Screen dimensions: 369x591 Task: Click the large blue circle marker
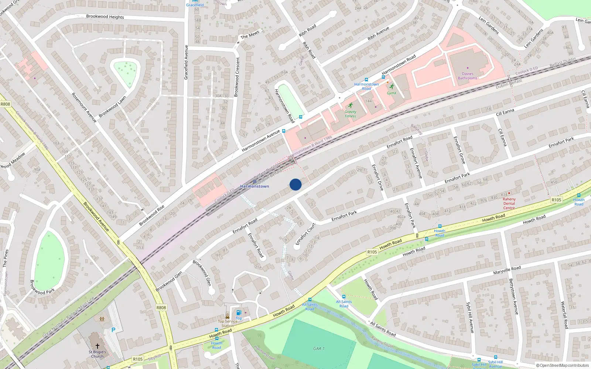[x=295, y=184]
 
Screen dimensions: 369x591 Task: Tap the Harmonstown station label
[x=254, y=186]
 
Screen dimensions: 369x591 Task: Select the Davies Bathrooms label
[x=468, y=76]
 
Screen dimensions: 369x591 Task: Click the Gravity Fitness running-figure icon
[x=350, y=106]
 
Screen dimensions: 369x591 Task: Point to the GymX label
[x=392, y=93]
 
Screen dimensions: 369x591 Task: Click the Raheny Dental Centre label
[x=509, y=203]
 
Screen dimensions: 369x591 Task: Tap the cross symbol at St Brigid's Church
[x=98, y=346]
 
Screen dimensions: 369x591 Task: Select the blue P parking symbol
[x=113, y=330]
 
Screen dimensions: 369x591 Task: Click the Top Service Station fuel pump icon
[x=239, y=313]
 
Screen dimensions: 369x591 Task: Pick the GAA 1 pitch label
[x=319, y=348]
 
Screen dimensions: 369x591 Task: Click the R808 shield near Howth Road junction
[x=161, y=307]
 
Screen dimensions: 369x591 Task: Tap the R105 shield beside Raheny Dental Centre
[x=556, y=200]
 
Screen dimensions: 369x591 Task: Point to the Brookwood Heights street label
[x=105, y=17]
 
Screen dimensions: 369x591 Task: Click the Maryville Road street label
[x=507, y=270]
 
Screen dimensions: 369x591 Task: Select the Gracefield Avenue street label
[x=186, y=62]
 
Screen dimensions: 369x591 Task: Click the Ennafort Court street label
[x=305, y=234]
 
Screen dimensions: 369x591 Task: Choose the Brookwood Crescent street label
[x=237, y=77]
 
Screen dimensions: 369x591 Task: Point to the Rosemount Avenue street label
[x=84, y=107]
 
